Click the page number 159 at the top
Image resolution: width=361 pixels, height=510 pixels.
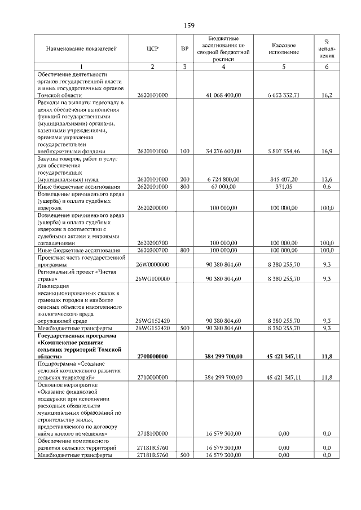189,25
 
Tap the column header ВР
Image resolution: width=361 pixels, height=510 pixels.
184,48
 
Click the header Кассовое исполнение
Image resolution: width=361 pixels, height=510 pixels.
284,48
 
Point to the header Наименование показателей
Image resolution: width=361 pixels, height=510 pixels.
81,48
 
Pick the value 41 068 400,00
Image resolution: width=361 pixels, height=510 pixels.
224,95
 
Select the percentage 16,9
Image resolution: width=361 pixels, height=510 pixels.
327,151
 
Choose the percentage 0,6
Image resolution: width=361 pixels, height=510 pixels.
327,187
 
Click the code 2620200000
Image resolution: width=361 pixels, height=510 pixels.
152,207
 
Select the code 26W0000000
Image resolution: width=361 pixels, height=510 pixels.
152,264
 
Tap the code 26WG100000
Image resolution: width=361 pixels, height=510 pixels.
152,278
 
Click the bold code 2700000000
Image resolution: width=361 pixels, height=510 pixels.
152,356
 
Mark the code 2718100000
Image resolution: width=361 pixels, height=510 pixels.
152,433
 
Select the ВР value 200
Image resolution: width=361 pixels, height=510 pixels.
184,179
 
